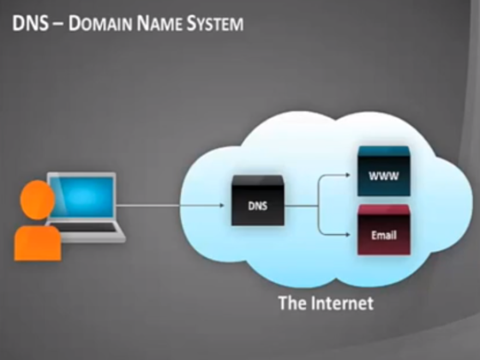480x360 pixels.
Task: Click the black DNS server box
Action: (x=258, y=201)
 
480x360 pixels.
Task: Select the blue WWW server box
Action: (x=384, y=171)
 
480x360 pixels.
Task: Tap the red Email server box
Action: (x=384, y=230)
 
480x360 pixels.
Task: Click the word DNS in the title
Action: (x=30, y=24)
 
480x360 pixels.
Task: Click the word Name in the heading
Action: (x=159, y=24)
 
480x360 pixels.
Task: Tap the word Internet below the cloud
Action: (x=342, y=303)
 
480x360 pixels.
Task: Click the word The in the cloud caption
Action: (x=292, y=303)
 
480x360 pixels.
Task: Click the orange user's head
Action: (x=38, y=200)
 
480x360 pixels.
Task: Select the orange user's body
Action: (x=38, y=243)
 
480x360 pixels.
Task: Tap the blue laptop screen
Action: (x=81, y=196)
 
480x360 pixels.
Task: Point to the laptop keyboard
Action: (x=87, y=228)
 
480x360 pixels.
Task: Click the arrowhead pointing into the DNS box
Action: (x=222, y=206)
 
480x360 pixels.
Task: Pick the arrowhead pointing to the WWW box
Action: (x=348, y=175)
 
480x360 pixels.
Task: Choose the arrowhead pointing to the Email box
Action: (x=348, y=235)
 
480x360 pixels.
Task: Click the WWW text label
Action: (x=384, y=176)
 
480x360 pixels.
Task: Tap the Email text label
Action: (x=384, y=235)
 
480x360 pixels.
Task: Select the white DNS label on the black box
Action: (x=258, y=206)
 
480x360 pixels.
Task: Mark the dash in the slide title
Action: (x=58, y=24)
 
